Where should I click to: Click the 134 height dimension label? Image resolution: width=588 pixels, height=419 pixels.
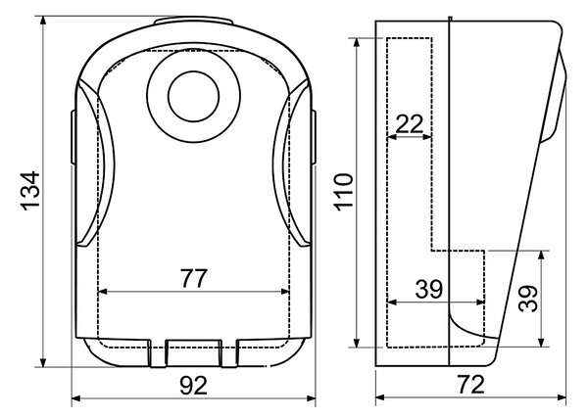(x=30, y=191)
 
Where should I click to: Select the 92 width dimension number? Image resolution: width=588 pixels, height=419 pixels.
(x=193, y=386)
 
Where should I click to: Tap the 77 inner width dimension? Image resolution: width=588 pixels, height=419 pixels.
(x=193, y=278)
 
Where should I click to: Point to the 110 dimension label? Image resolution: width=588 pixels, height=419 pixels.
(x=344, y=192)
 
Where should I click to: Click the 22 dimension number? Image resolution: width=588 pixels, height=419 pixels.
(x=409, y=124)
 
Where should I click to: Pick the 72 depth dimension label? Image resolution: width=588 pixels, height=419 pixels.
(x=471, y=385)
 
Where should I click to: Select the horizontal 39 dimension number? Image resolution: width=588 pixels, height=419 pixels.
(x=429, y=289)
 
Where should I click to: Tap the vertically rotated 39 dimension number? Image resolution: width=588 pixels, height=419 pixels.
(x=527, y=299)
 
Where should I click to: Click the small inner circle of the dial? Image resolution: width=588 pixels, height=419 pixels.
(x=193, y=96)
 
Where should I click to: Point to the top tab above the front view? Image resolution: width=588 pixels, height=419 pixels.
(x=193, y=21)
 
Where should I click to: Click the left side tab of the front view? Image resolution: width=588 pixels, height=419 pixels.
(x=73, y=137)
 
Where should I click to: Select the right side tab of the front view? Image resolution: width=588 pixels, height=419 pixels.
(x=314, y=137)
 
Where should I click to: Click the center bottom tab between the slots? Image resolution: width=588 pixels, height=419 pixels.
(x=193, y=352)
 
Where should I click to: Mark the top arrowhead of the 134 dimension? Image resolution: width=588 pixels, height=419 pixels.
(x=43, y=20)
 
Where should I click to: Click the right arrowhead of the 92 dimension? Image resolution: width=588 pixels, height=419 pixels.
(x=312, y=398)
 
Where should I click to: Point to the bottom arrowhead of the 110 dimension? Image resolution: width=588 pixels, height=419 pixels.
(x=357, y=343)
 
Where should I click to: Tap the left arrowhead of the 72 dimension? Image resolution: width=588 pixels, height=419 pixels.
(x=380, y=397)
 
